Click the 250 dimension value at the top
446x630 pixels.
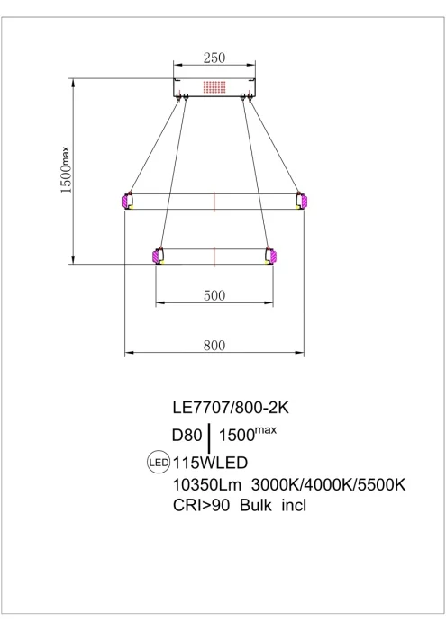coord(214,58)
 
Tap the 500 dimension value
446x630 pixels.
coord(214,295)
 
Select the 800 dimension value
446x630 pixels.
coord(214,345)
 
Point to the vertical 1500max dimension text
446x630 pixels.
coord(65,170)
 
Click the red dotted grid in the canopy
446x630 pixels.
coord(214,86)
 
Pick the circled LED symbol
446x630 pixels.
coord(159,463)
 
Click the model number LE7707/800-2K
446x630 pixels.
coord(231,408)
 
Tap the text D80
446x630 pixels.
coord(187,435)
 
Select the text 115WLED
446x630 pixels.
coord(210,463)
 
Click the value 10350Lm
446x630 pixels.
coord(206,484)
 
